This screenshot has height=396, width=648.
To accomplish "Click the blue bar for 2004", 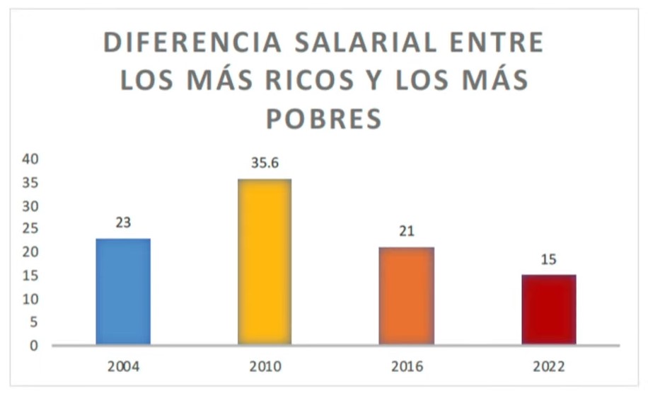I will [123, 291].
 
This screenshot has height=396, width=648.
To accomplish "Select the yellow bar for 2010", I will [265, 261].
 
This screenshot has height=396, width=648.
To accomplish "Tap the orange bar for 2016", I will [407, 295].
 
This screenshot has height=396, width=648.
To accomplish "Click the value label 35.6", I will [265, 163].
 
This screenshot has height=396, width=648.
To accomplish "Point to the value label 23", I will [123, 222].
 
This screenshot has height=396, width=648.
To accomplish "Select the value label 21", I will [407, 232].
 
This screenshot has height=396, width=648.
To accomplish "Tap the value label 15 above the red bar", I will [549, 259].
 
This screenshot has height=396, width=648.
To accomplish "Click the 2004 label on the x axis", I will [123, 367].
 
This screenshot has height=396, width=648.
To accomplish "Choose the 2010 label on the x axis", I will [265, 367].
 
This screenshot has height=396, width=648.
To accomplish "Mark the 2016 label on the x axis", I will [407, 367].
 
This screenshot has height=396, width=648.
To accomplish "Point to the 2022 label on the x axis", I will [549, 367].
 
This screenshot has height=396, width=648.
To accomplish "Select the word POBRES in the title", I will [324, 118].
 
